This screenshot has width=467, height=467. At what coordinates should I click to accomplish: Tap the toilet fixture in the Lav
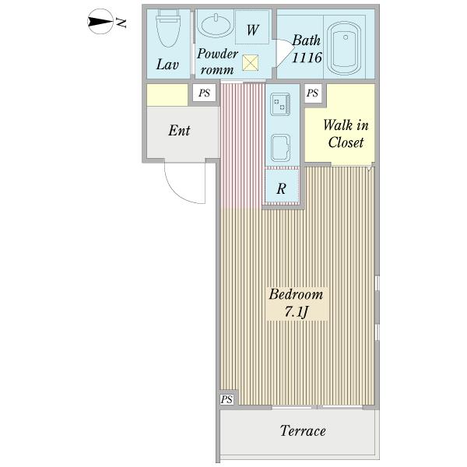(x=168, y=28)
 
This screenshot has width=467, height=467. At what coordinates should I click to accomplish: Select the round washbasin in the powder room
(x=216, y=26)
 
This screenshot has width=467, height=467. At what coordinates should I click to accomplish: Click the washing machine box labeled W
(x=252, y=27)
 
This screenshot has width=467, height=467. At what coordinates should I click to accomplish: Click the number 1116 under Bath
(x=307, y=58)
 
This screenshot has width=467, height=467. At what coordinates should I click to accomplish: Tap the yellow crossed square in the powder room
(x=250, y=63)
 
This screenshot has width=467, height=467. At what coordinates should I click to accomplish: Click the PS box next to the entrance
(x=204, y=93)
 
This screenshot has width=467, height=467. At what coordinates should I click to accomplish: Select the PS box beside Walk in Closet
(x=312, y=93)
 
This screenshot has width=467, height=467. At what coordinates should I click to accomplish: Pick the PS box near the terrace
(x=226, y=399)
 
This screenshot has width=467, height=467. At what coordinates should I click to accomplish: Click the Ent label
(x=179, y=131)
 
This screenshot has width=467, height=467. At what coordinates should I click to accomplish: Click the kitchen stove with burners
(x=280, y=104)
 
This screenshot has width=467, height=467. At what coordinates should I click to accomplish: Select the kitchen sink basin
(x=280, y=148)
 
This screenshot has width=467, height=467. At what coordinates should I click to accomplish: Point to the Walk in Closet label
(x=346, y=133)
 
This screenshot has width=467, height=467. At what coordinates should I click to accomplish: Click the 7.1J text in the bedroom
(x=296, y=311)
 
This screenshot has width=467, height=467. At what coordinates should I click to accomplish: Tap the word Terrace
(x=303, y=430)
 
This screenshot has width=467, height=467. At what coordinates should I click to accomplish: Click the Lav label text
(x=167, y=65)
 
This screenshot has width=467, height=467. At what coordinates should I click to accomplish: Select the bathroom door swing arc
(x=284, y=52)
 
